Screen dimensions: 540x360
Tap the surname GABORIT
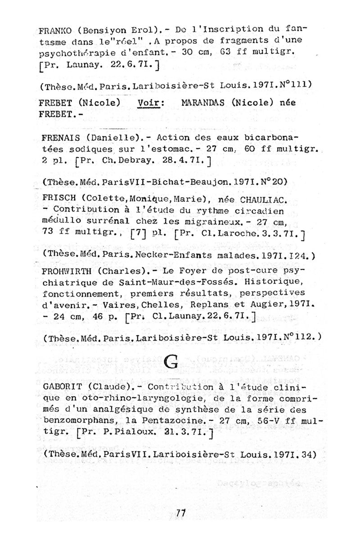(63, 387)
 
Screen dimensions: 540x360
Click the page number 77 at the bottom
(181, 512)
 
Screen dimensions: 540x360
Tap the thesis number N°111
(294, 84)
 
